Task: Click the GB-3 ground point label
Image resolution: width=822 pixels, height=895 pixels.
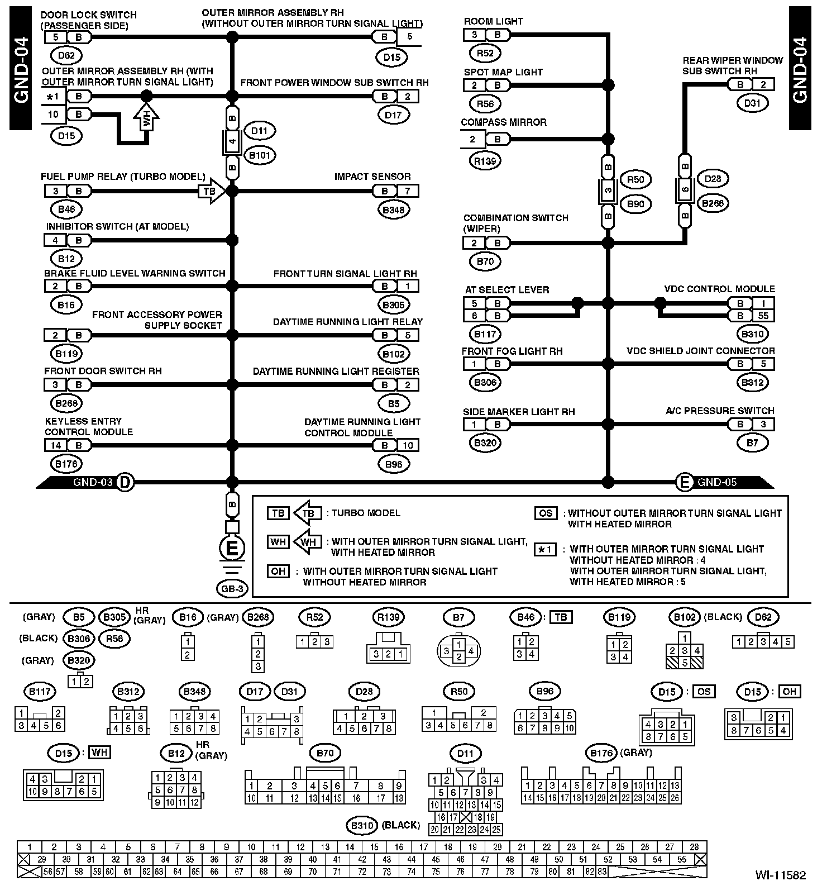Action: tap(232, 588)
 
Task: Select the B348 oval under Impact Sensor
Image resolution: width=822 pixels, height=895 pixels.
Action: tap(394, 210)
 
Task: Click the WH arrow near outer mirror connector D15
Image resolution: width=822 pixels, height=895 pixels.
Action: tap(146, 118)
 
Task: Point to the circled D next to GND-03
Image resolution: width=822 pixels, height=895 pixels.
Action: tap(125, 482)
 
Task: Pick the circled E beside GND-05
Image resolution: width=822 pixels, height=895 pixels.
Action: tap(685, 482)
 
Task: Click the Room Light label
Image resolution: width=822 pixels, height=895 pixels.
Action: tap(493, 21)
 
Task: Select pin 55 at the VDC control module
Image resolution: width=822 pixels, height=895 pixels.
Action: tap(763, 316)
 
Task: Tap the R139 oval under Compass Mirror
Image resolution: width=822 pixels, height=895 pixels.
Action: tap(485, 161)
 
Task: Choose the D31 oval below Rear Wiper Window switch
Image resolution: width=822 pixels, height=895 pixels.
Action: tap(752, 103)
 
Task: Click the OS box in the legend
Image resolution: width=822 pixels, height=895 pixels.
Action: tap(546, 513)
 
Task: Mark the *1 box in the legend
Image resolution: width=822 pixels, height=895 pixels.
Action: tap(546, 549)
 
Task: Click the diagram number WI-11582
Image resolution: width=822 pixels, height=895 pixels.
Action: tap(781, 875)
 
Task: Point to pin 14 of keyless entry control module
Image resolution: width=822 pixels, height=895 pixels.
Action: tap(55, 445)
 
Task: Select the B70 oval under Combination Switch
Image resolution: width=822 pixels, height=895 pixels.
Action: tap(485, 261)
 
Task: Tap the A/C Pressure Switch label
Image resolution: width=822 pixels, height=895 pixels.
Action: tap(720, 411)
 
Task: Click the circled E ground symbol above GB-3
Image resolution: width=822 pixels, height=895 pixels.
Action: tap(232, 548)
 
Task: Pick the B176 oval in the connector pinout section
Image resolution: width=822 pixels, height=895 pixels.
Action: tap(601, 753)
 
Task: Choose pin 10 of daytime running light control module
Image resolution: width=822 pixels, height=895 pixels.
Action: tap(408, 445)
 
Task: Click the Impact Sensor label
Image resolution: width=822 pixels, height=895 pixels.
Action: tap(372, 177)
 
